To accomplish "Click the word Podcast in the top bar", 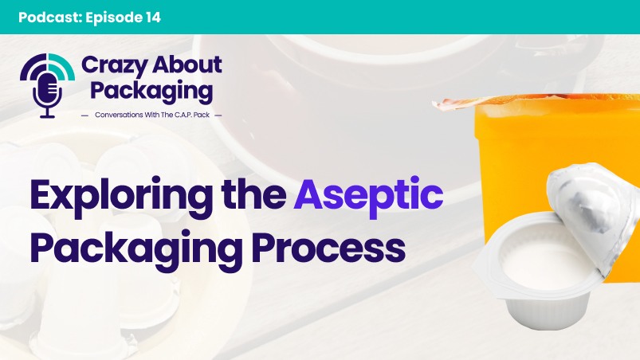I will [x=44, y=17].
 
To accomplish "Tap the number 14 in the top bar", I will [x=149, y=17].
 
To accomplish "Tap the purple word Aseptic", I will [x=367, y=195].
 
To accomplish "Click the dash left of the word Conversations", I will [x=85, y=115].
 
